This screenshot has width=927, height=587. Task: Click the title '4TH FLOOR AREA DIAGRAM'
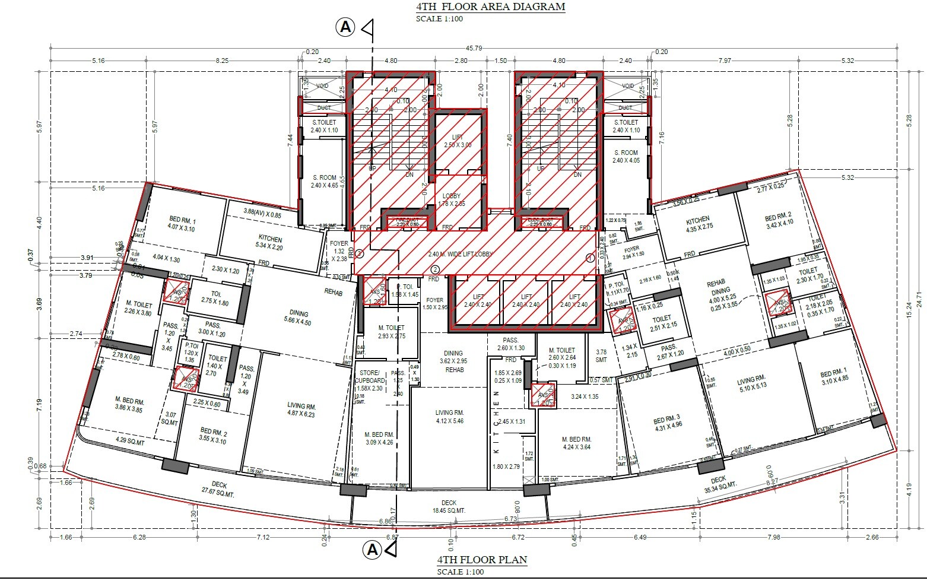point(490,7)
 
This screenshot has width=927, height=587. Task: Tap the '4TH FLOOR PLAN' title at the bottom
point(482,560)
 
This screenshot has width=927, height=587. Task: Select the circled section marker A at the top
point(345,27)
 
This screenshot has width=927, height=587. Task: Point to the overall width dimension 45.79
point(473,48)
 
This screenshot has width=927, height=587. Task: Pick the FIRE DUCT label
point(407,220)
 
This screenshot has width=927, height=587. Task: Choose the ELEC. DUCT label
point(540,220)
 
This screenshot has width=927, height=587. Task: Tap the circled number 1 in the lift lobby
point(590,258)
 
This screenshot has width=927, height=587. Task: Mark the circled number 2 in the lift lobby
point(434,269)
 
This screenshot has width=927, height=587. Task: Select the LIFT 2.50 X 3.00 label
point(458,141)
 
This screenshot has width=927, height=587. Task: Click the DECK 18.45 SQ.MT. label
point(449,506)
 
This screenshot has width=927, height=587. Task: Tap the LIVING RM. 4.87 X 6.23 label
point(301,410)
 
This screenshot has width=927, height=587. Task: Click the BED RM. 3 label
point(668,421)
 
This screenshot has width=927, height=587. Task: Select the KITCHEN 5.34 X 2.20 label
point(270,242)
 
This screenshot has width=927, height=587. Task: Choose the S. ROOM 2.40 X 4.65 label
point(324,181)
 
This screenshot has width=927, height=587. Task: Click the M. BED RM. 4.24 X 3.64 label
point(576,443)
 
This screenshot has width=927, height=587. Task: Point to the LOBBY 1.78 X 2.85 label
point(451,199)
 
